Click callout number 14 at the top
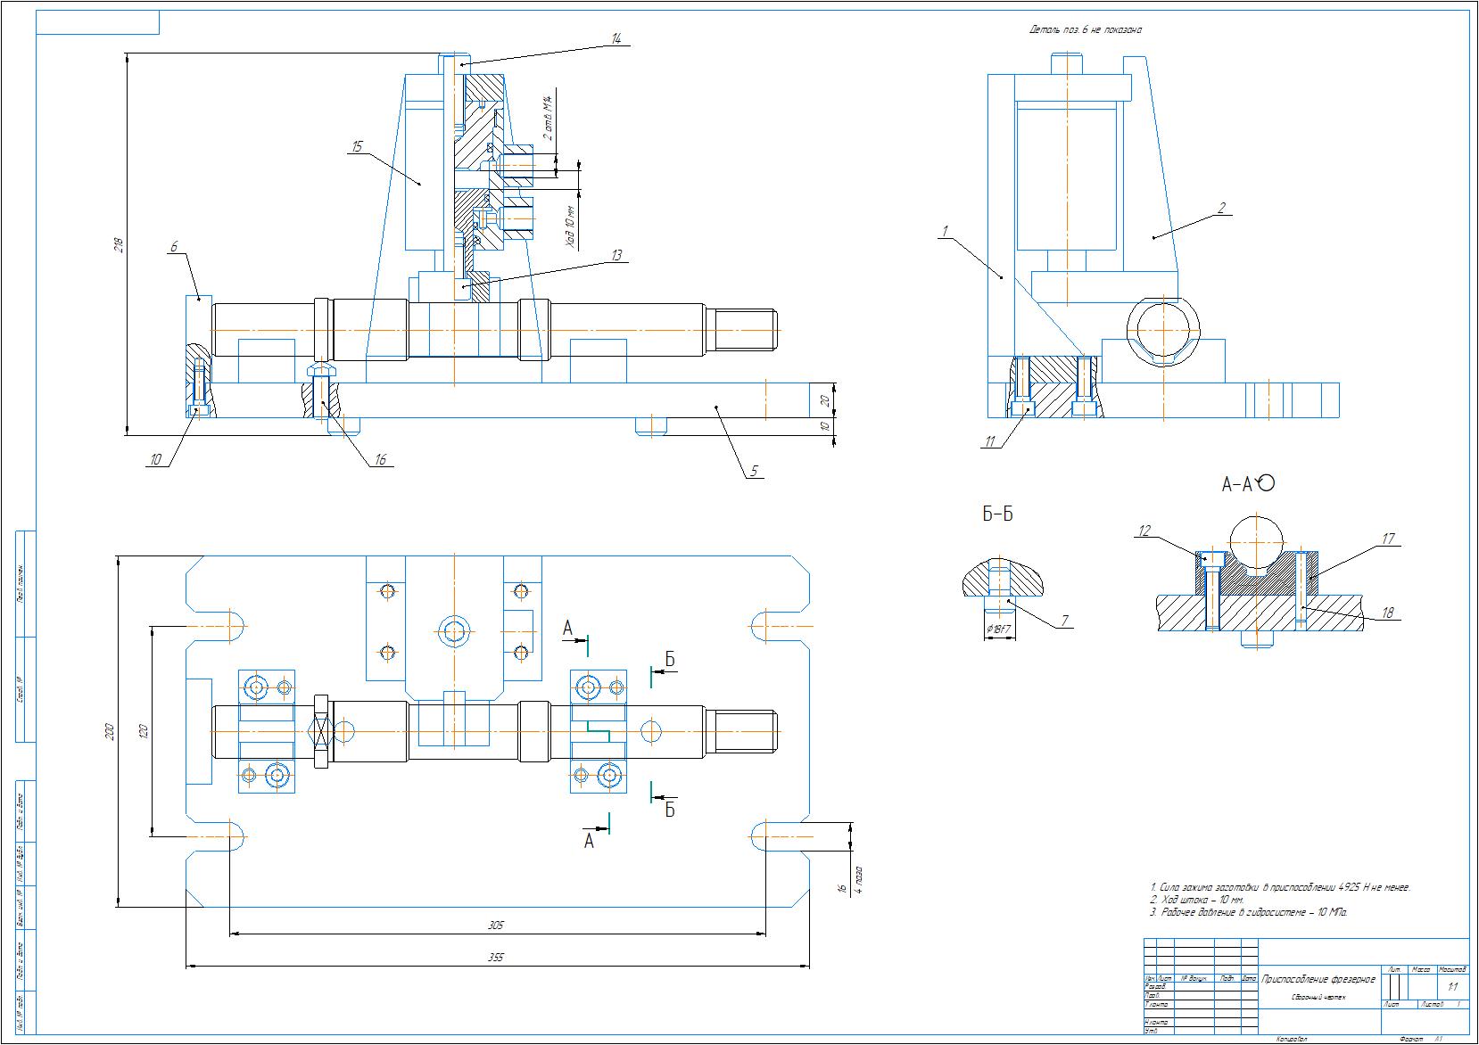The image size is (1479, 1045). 616,37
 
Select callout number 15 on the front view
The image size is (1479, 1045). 358,146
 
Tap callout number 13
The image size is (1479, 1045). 616,255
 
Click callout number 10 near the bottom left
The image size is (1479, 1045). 156,459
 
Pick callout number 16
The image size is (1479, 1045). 381,460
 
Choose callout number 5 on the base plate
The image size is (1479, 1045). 754,471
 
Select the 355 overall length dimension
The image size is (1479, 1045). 496,958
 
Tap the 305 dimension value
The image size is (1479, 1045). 496,926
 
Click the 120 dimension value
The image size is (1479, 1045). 144,731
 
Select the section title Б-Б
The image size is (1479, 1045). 997,514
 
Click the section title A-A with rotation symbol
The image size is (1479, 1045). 1247,484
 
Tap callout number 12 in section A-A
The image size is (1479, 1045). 1144,531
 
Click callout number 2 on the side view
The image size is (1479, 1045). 1222,208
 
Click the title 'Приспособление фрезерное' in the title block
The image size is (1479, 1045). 1319,979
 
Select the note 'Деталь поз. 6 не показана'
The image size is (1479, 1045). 1086,30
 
